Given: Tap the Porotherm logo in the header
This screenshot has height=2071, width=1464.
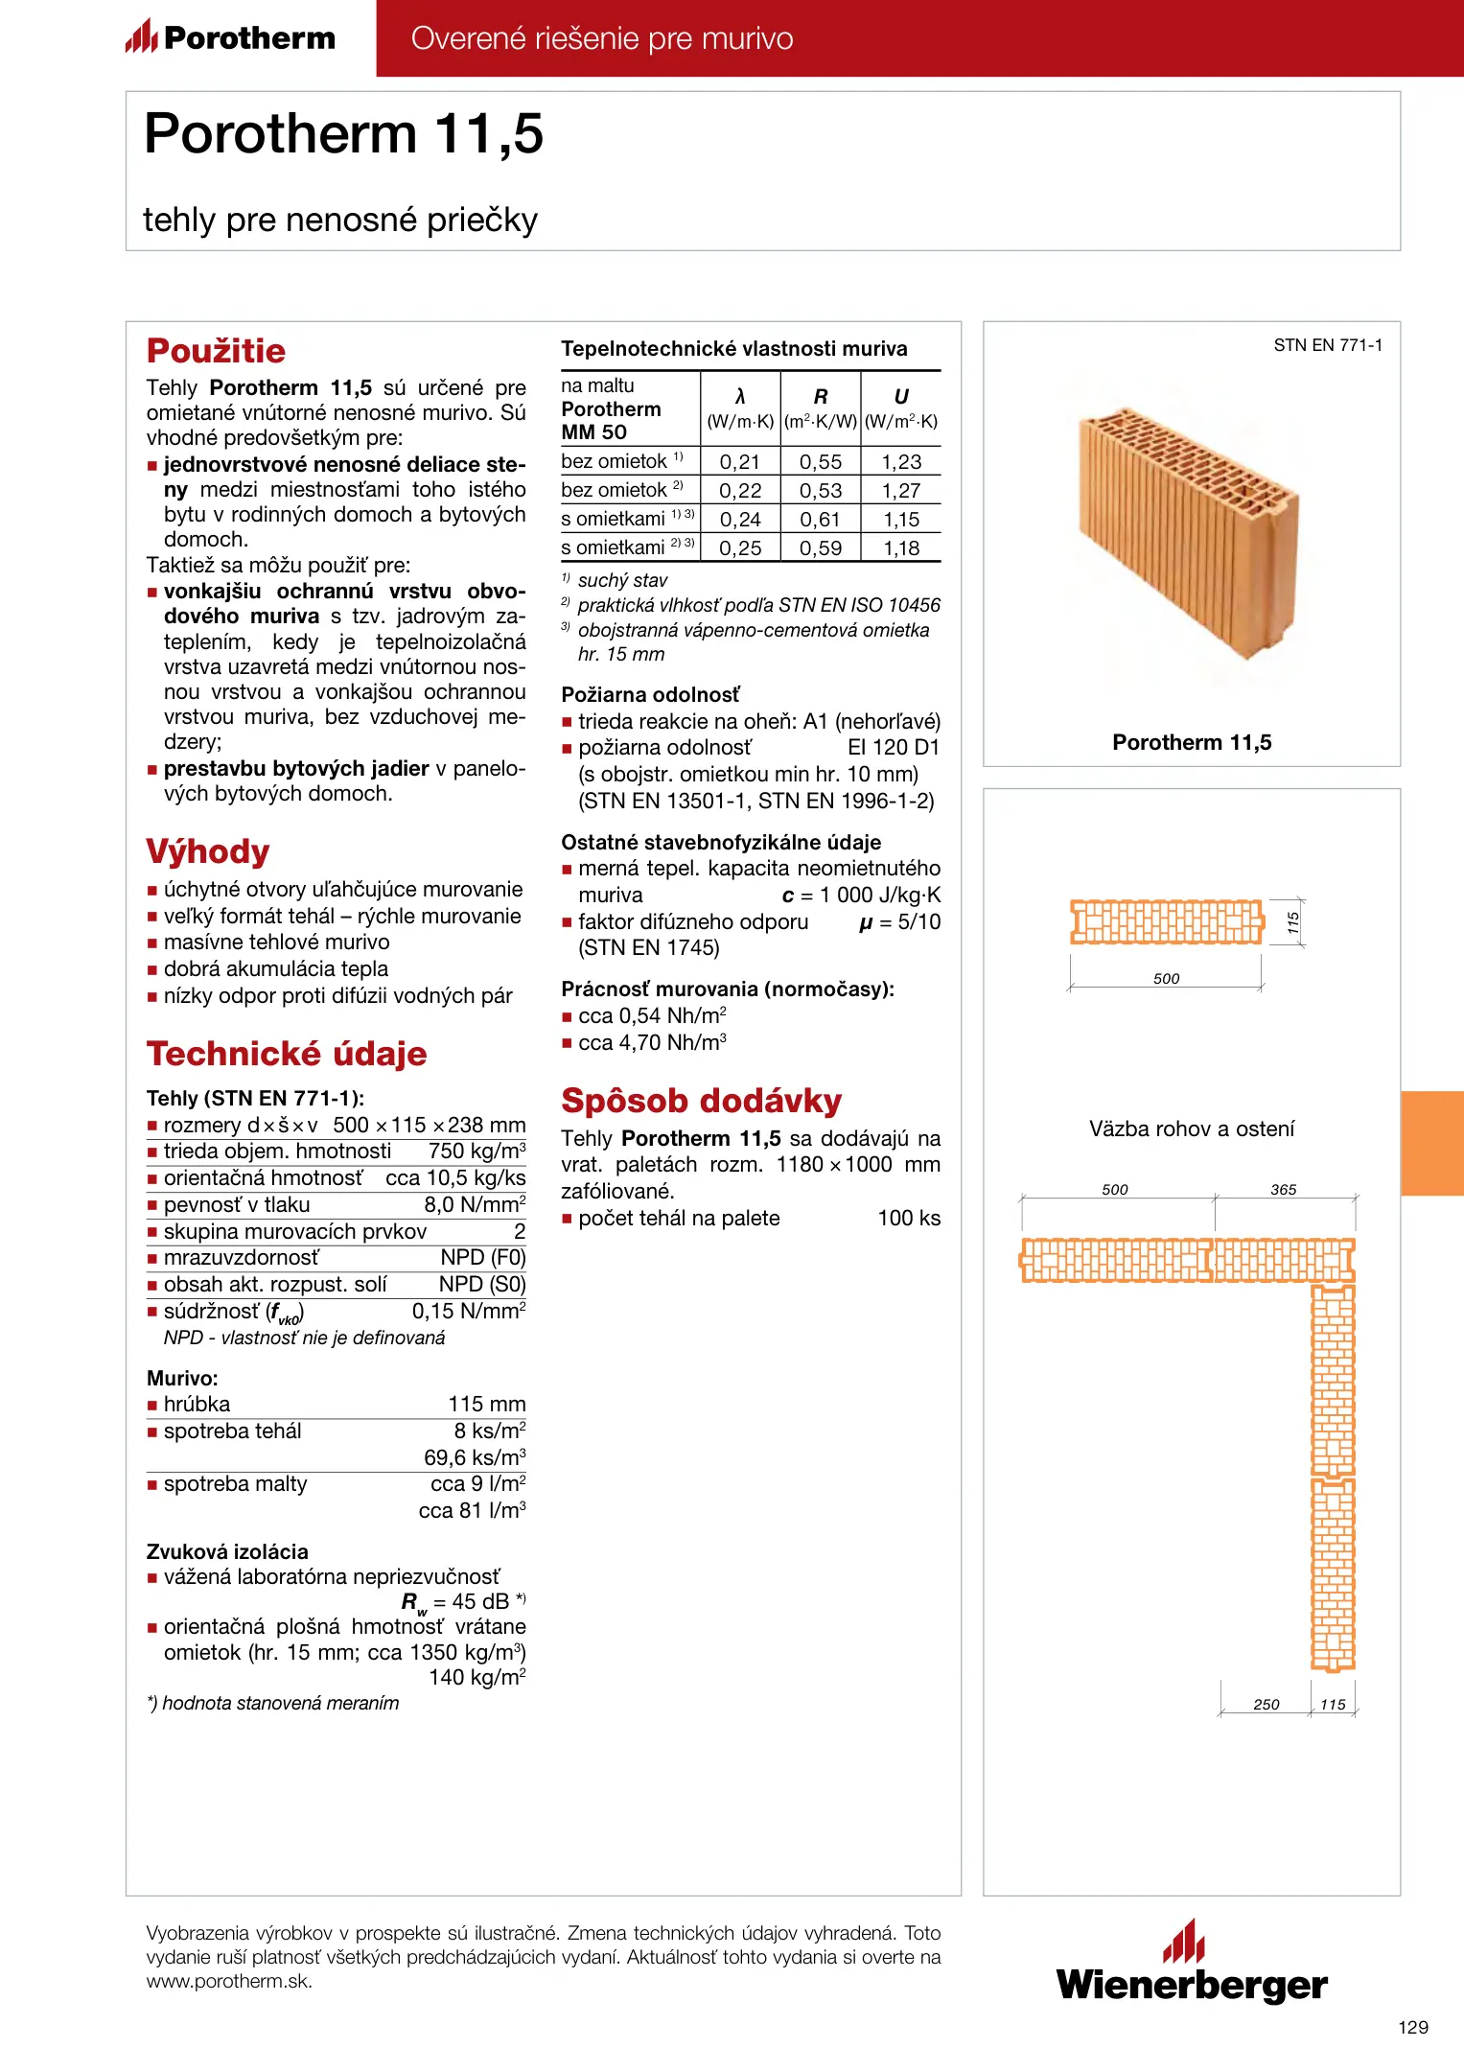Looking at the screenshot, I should coord(231,37).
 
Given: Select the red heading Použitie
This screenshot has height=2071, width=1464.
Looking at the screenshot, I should coord(216,351).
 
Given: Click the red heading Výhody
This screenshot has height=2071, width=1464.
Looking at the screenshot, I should coord(208,851).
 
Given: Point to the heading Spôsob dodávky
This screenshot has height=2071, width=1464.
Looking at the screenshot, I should coord(701,1101).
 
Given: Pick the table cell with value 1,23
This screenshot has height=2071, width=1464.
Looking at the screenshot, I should coord(901,461).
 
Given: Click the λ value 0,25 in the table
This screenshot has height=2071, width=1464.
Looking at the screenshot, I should coord(740,548).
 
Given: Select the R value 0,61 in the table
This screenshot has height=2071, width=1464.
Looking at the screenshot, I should coord(821,520).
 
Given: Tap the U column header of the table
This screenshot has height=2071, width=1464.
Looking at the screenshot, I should coord(901,397).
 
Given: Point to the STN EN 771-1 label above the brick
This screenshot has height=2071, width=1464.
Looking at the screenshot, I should coord(1328,345).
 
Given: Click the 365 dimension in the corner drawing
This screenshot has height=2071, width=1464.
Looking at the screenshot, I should coord(1283,1190).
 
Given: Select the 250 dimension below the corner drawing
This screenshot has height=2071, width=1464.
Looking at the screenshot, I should coord(1266,1705).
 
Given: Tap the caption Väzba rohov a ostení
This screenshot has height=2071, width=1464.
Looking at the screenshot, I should coord(1191,1129).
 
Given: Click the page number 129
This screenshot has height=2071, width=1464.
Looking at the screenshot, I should coord(1412,2027).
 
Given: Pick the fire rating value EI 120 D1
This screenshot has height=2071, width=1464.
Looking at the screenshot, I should coord(894,748).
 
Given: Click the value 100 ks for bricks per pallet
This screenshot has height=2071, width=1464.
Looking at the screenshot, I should coord(909,1219).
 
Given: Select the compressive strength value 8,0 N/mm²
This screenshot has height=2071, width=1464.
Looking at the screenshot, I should coord(475,1205).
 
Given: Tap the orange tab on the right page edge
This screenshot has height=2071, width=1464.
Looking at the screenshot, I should coord(1432,1143).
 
